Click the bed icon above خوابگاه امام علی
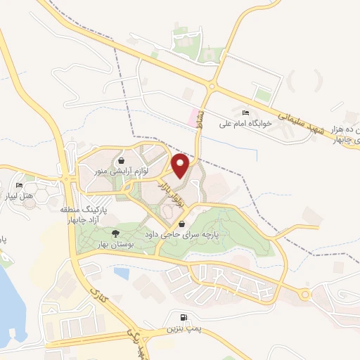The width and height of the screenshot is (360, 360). [x=245, y=112]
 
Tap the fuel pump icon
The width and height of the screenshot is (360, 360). [x=184, y=317]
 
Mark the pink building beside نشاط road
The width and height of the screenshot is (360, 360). [x=193, y=117]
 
